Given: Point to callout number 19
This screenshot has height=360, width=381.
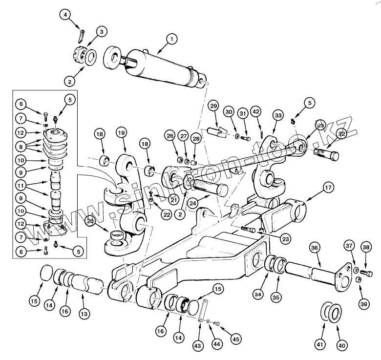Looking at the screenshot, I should pyautogui.click(x=122, y=132).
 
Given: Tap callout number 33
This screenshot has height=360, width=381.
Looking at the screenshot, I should pyautogui.click(x=278, y=116).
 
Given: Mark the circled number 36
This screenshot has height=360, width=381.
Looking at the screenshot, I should pyautogui.click(x=314, y=248).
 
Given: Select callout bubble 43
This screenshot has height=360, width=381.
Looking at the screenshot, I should pyautogui.click(x=197, y=346).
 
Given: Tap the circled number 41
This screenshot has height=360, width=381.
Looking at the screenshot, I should pyautogui.click(x=320, y=345).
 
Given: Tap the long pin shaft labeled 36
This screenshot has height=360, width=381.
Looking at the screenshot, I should pyautogui.click(x=310, y=270).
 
